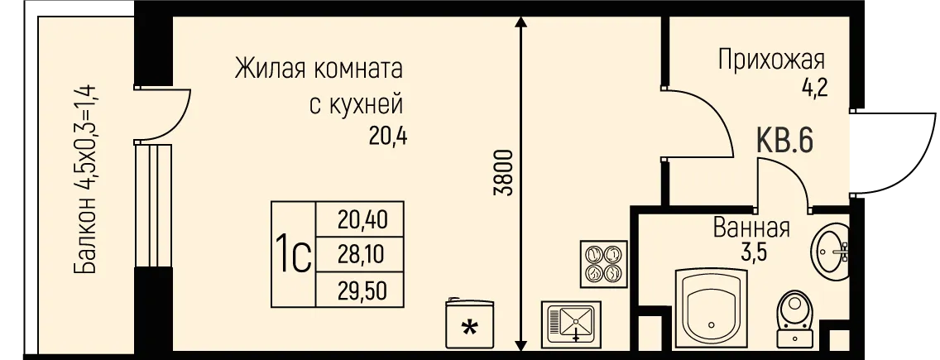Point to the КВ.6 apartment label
[784, 141]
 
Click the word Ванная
[751, 228]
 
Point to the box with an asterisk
[469, 325]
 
